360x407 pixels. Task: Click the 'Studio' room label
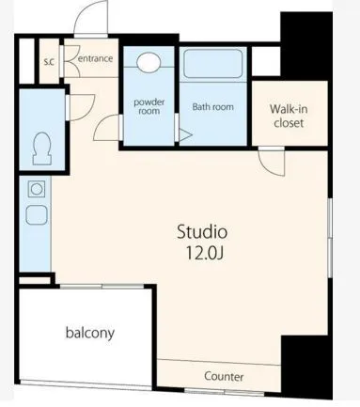point(203,231)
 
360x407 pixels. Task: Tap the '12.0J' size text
point(203,252)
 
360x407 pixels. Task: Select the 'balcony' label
point(90,333)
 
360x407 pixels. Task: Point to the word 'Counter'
point(224,376)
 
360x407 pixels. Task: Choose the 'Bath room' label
point(212,107)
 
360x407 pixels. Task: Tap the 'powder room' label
point(149,106)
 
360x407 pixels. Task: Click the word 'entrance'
point(95,58)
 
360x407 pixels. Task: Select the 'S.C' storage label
point(49,62)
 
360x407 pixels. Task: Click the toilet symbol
point(41,147)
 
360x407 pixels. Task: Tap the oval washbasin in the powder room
point(149,63)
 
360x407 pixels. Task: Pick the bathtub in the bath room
point(213,65)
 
